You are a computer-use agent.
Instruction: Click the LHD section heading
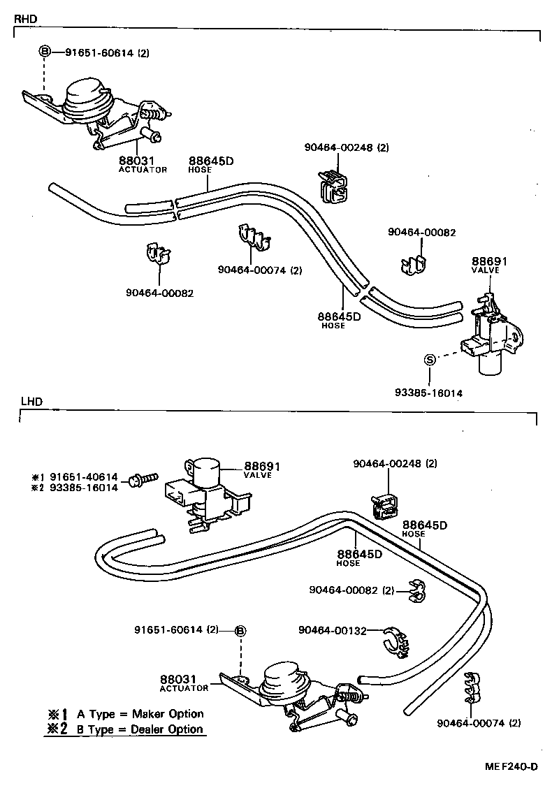[31, 402]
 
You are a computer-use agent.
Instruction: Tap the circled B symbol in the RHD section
[44, 52]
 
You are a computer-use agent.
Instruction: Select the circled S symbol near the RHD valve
[430, 360]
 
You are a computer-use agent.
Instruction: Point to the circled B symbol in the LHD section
[240, 631]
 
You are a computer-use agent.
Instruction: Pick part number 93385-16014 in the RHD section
[428, 393]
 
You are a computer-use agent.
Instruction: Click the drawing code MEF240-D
[511, 766]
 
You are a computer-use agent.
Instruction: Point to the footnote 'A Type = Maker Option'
[140, 713]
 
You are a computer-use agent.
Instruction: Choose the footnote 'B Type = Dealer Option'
[140, 729]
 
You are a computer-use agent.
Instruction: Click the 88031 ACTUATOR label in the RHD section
[142, 164]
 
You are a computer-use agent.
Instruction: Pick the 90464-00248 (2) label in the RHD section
[346, 147]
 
